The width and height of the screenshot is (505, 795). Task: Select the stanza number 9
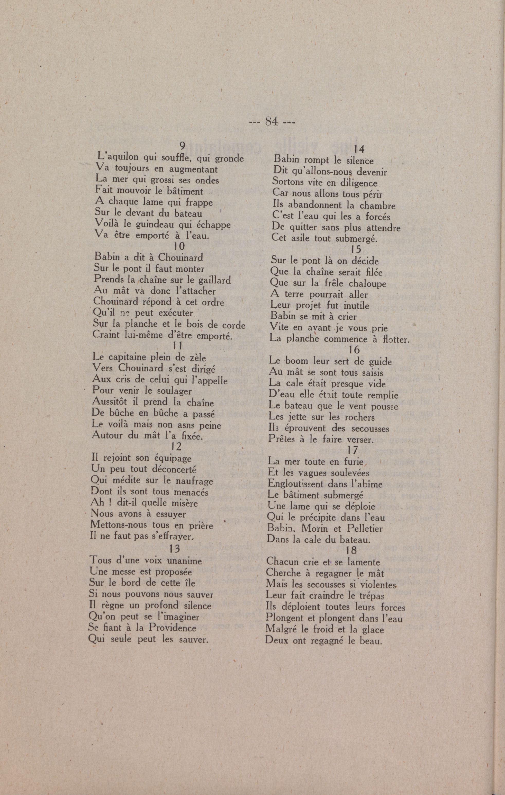pos(182,145)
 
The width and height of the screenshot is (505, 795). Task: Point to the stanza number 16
pos(354,350)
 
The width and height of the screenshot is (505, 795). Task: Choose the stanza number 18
pos(351,550)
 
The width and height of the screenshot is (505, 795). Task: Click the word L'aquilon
pos(117,156)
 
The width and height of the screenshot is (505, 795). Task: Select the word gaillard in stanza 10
pos(214,280)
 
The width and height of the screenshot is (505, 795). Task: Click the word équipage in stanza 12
pos(173,459)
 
